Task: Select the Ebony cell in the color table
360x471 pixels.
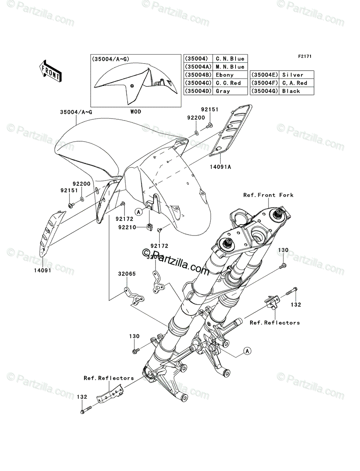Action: (x=225, y=75)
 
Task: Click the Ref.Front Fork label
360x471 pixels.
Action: (x=268, y=195)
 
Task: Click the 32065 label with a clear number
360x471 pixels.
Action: (x=125, y=274)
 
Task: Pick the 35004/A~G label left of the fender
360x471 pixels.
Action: (x=77, y=112)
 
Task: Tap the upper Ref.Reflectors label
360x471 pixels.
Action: (x=274, y=323)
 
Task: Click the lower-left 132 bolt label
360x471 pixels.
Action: (x=82, y=397)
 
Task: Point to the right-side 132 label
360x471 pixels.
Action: (x=296, y=304)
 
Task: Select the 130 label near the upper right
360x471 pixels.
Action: (x=283, y=250)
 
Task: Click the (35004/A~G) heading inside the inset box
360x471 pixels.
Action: (x=111, y=59)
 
